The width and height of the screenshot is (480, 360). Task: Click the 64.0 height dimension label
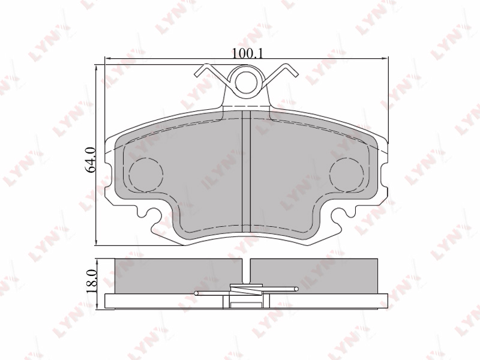[x=92, y=159]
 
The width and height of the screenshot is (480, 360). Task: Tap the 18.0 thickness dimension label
[x=92, y=281]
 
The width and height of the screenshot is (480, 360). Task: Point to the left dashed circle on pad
[x=146, y=175]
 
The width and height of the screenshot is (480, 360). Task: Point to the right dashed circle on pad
[x=347, y=175]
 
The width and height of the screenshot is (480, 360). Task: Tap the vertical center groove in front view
[x=247, y=172]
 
